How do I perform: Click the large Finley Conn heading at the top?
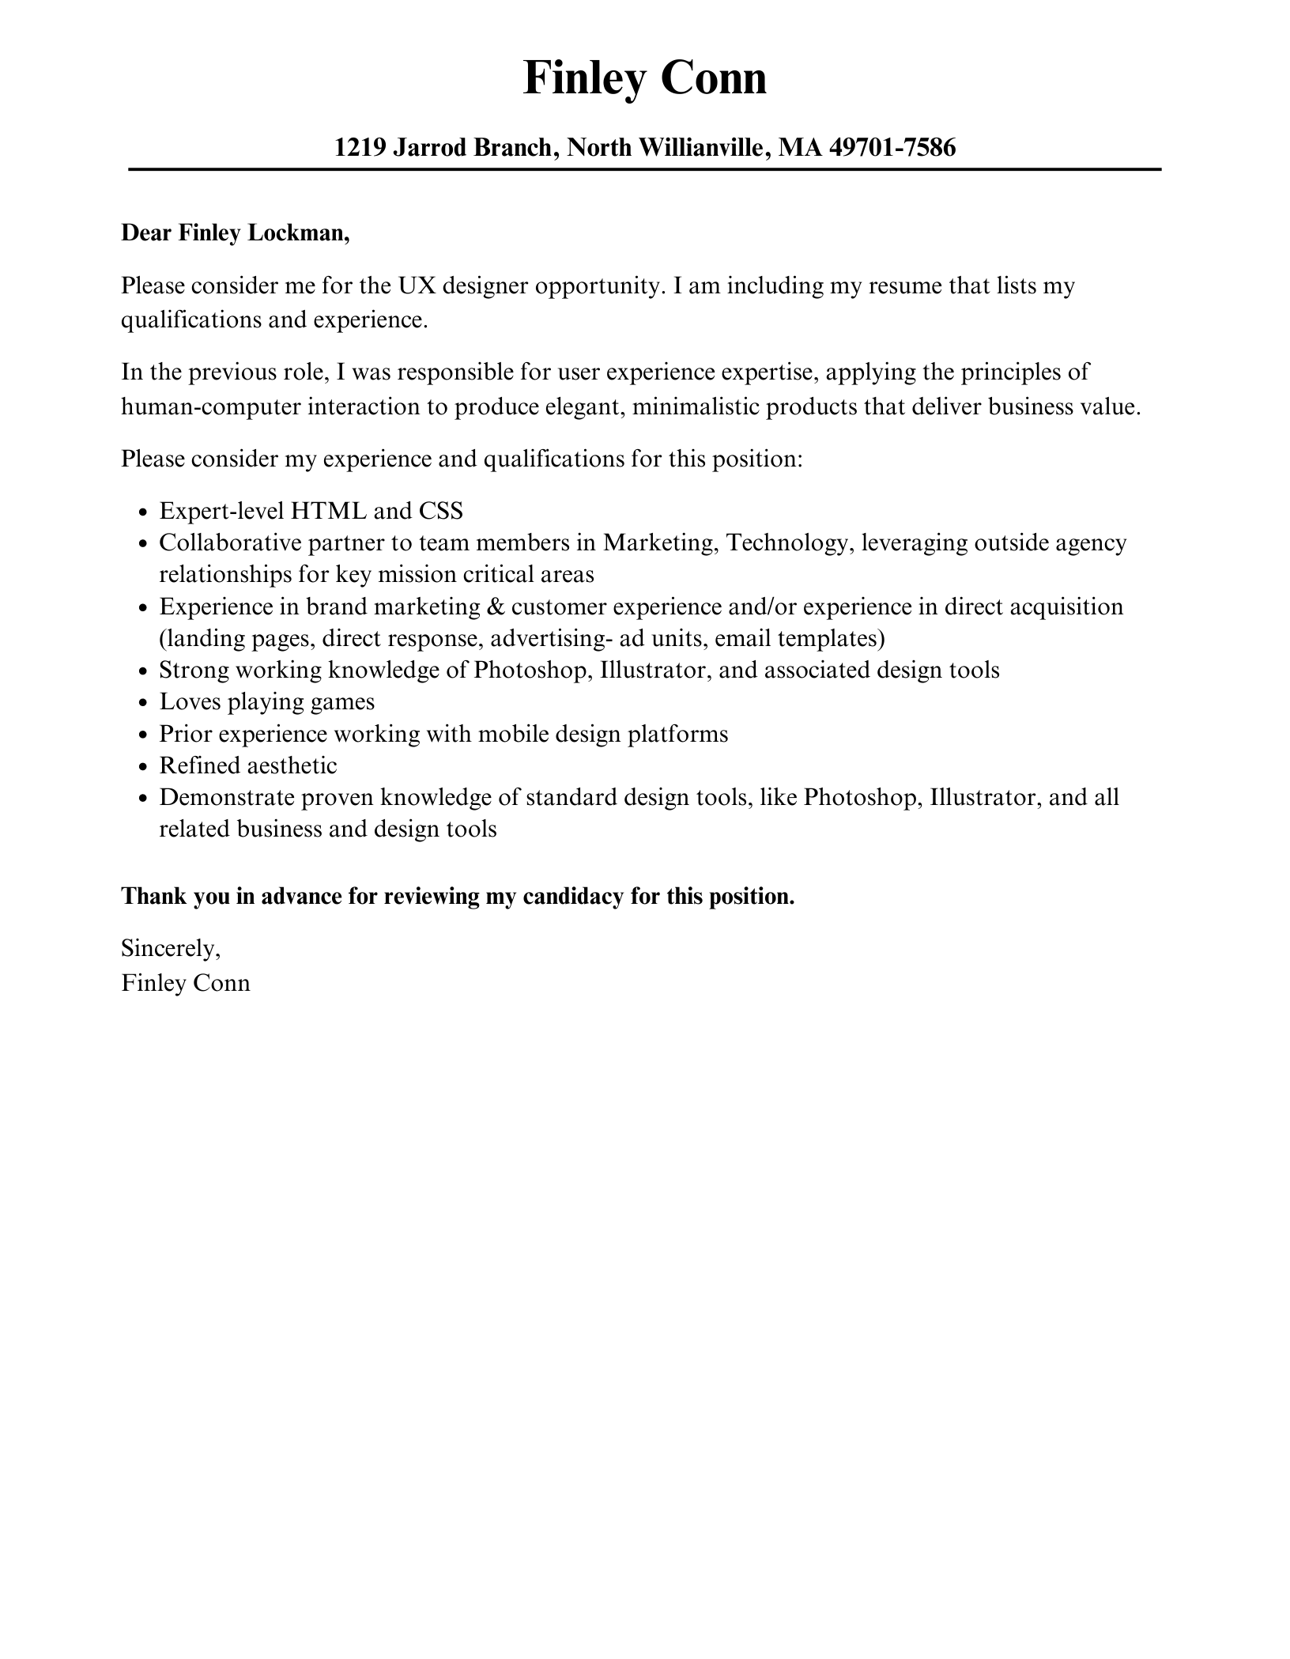coord(644,79)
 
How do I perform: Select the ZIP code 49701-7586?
coord(892,147)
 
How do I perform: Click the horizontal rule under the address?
coord(644,169)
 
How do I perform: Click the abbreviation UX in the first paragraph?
coord(417,285)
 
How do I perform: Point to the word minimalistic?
coord(696,407)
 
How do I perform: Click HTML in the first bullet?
coord(328,511)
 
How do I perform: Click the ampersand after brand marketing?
coord(496,607)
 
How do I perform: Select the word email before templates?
coord(742,638)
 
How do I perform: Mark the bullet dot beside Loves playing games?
coord(142,703)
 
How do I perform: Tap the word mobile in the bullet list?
coord(513,734)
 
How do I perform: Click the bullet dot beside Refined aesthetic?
coord(142,767)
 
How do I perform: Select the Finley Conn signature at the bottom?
coord(186,983)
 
